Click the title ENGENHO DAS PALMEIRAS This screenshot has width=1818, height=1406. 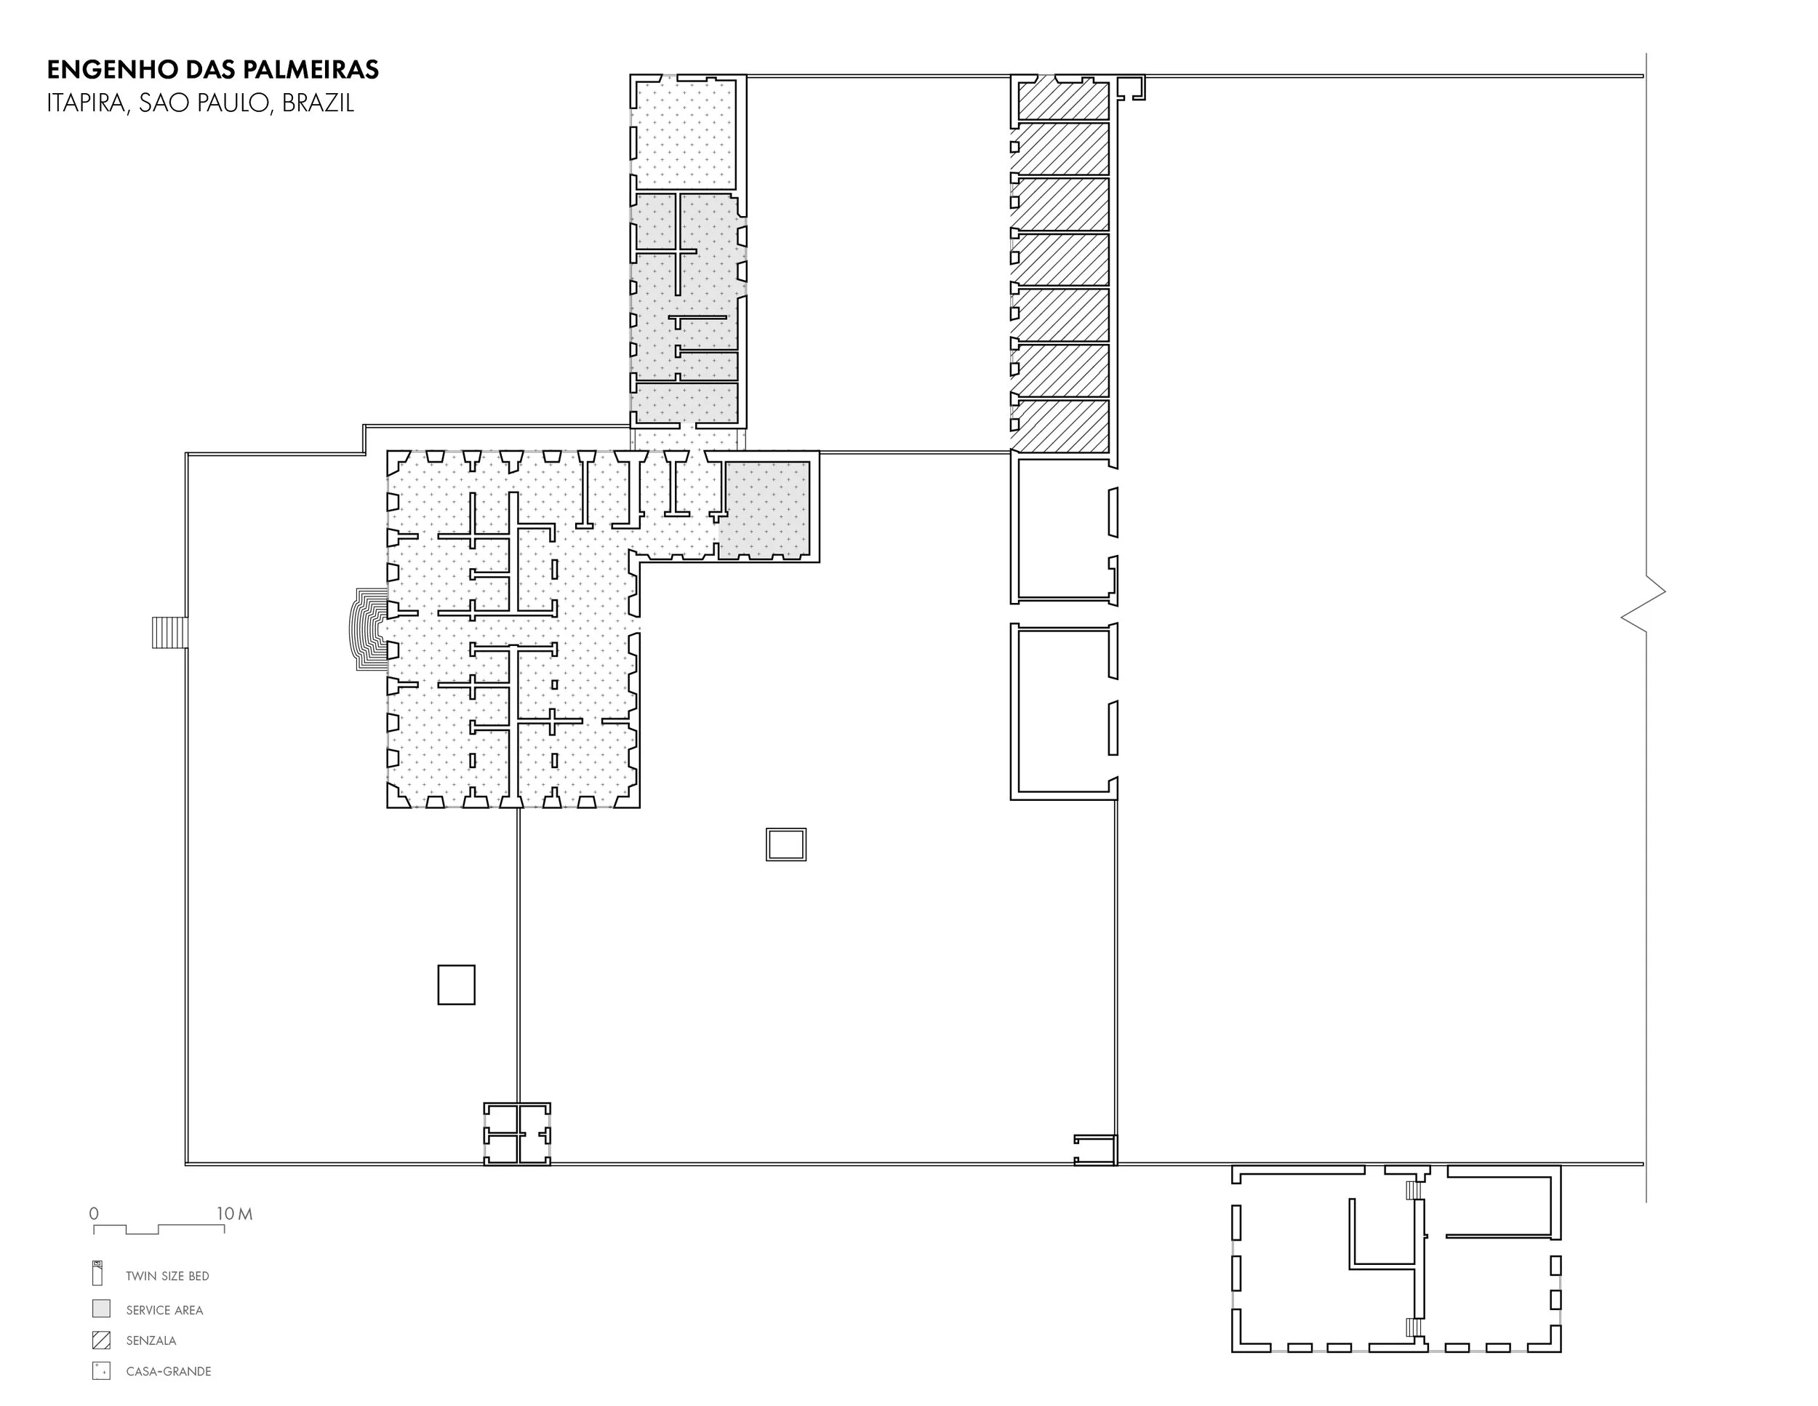coord(213,70)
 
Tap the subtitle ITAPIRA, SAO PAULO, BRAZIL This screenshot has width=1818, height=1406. coord(201,103)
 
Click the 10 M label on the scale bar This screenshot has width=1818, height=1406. coord(235,1214)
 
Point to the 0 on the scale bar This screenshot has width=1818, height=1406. coord(94,1214)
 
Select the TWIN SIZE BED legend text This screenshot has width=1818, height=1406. coord(167,1276)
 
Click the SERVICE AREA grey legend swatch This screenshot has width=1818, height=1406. coord(101,1308)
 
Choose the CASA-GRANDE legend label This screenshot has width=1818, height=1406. coord(168,1371)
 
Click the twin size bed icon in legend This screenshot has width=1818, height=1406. coord(97,1274)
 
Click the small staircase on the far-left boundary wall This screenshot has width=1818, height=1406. coord(169,632)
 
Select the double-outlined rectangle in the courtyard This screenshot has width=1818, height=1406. coord(786,844)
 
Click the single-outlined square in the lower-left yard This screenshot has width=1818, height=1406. coord(456,985)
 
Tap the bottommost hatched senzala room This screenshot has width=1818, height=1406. coord(1064,426)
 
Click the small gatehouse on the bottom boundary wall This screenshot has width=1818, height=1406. coord(517,1133)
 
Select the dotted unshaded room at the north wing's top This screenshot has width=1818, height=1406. coord(684,133)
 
